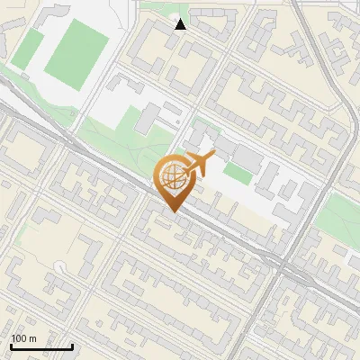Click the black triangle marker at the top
(x=180, y=24)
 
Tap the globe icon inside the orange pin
(x=174, y=177)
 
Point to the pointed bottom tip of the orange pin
(x=174, y=211)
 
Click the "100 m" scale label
(x=24, y=338)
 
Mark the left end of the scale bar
(x=11, y=346)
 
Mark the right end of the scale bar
(x=71, y=346)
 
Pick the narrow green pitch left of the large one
(x=30, y=49)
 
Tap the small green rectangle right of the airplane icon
(x=238, y=173)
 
